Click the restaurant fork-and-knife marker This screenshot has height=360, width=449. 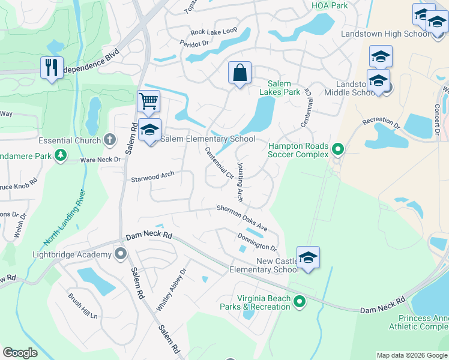point(52,67)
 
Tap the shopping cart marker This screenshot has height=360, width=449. point(148,101)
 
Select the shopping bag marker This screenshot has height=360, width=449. point(240,73)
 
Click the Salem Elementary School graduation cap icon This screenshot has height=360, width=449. point(149,128)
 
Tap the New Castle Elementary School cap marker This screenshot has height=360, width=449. point(308,257)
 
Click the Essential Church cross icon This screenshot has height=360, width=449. point(109,140)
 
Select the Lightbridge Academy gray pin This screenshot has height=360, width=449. point(121,254)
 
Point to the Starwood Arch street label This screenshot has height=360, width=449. point(152,176)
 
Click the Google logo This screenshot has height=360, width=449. point(20,353)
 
